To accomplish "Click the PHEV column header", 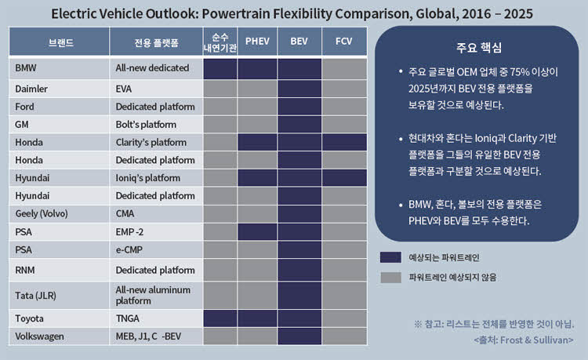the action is [x=257, y=42].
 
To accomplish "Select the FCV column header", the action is [x=344, y=42].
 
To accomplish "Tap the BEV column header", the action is [x=299, y=42].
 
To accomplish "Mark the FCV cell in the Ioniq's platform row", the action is [x=344, y=178].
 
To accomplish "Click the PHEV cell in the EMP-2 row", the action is [x=257, y=232].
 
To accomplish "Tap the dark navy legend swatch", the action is [x=390, y=257].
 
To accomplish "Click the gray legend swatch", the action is [x=390, y=278].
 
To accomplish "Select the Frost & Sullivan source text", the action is [x=524, y=340].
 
